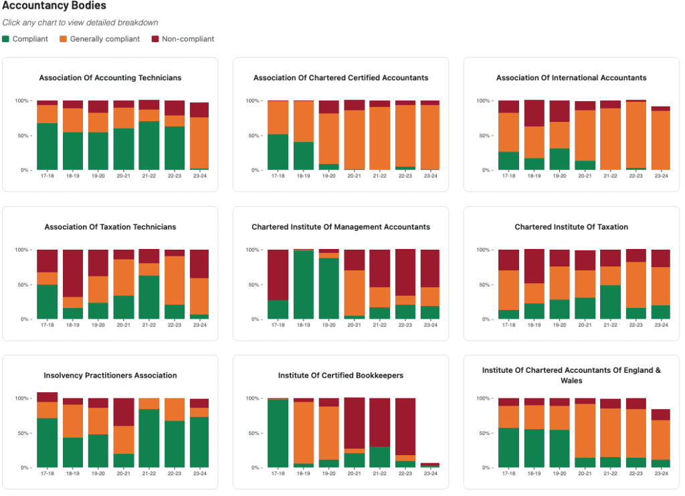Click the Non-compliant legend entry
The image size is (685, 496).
(187, 39)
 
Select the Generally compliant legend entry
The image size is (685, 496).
(104, 39)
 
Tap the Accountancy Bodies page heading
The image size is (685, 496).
(54, 6)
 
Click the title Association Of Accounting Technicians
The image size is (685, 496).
(110, 78)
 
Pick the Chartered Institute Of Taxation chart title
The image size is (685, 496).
(571, 227)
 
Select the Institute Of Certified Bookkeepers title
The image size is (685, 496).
(340, 376)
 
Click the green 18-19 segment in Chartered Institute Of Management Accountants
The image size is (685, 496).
(303, 284)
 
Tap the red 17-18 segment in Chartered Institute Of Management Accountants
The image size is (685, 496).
(278, 274)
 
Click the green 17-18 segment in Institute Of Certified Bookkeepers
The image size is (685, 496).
(278, 433)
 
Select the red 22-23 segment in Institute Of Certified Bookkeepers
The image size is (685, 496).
(405, 426)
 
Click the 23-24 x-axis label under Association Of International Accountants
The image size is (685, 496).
(661, 176)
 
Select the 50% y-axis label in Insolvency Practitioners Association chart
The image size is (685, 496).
(23, 433)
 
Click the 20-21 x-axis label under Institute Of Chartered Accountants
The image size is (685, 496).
(585, 473)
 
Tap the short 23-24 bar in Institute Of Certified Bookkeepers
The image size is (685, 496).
(430, 465)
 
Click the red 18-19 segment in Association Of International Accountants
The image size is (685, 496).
(534, 113)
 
